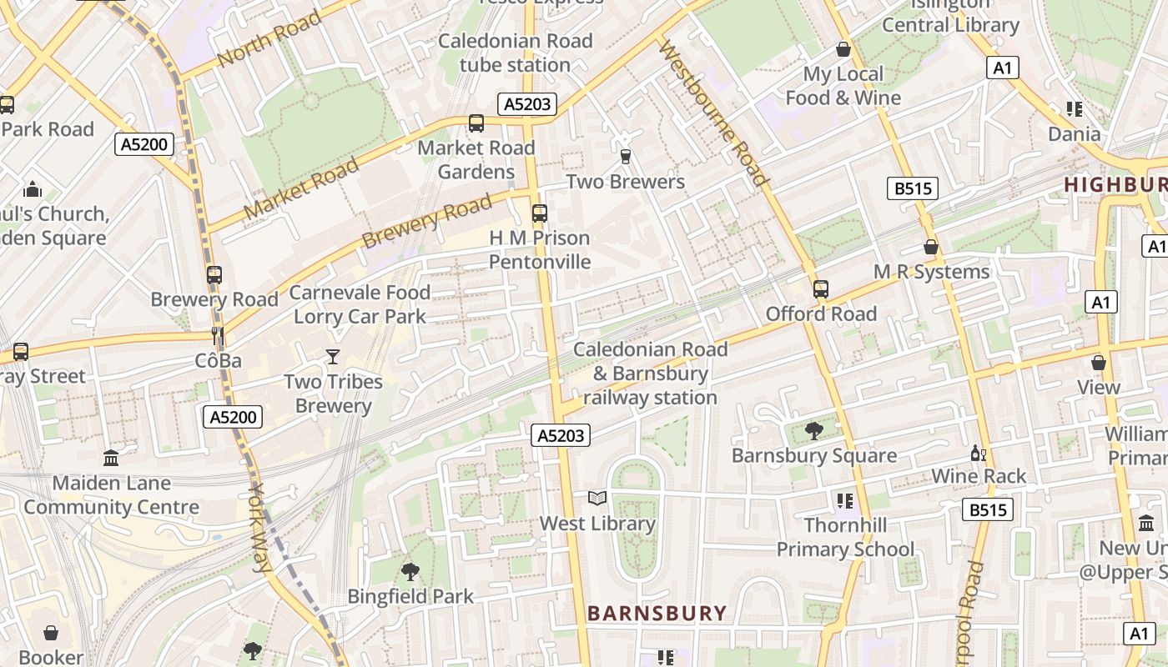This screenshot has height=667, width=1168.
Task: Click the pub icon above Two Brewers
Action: [625, 156]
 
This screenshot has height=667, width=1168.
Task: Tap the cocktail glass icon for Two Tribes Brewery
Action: [333, 357]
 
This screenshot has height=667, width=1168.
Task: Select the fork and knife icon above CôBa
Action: [218, 335]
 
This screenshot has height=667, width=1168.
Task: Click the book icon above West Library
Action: [597, 499]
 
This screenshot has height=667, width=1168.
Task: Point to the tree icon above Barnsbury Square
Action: [814, 430]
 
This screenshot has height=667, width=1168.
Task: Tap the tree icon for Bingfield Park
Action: [410, 571]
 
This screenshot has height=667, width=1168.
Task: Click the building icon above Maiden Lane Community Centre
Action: [111, 458]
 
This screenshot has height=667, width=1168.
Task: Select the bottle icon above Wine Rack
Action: [978, 453]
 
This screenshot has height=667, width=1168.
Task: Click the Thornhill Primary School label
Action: [845, 538]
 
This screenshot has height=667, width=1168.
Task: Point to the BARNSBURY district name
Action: [657, 614]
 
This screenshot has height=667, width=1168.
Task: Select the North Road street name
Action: [269, 39]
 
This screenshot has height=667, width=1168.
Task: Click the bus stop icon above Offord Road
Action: [821, 289]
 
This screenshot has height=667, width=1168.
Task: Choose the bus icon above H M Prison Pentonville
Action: [540, 213]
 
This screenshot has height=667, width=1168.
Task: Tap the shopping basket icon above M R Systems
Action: [931, 247]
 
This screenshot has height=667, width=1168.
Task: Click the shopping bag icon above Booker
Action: [51, 633]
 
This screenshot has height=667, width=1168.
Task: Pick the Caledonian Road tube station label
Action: [515, 53]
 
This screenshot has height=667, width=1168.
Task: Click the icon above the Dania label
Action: [1074, 109]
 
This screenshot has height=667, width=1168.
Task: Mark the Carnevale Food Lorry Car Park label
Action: [360, 304]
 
